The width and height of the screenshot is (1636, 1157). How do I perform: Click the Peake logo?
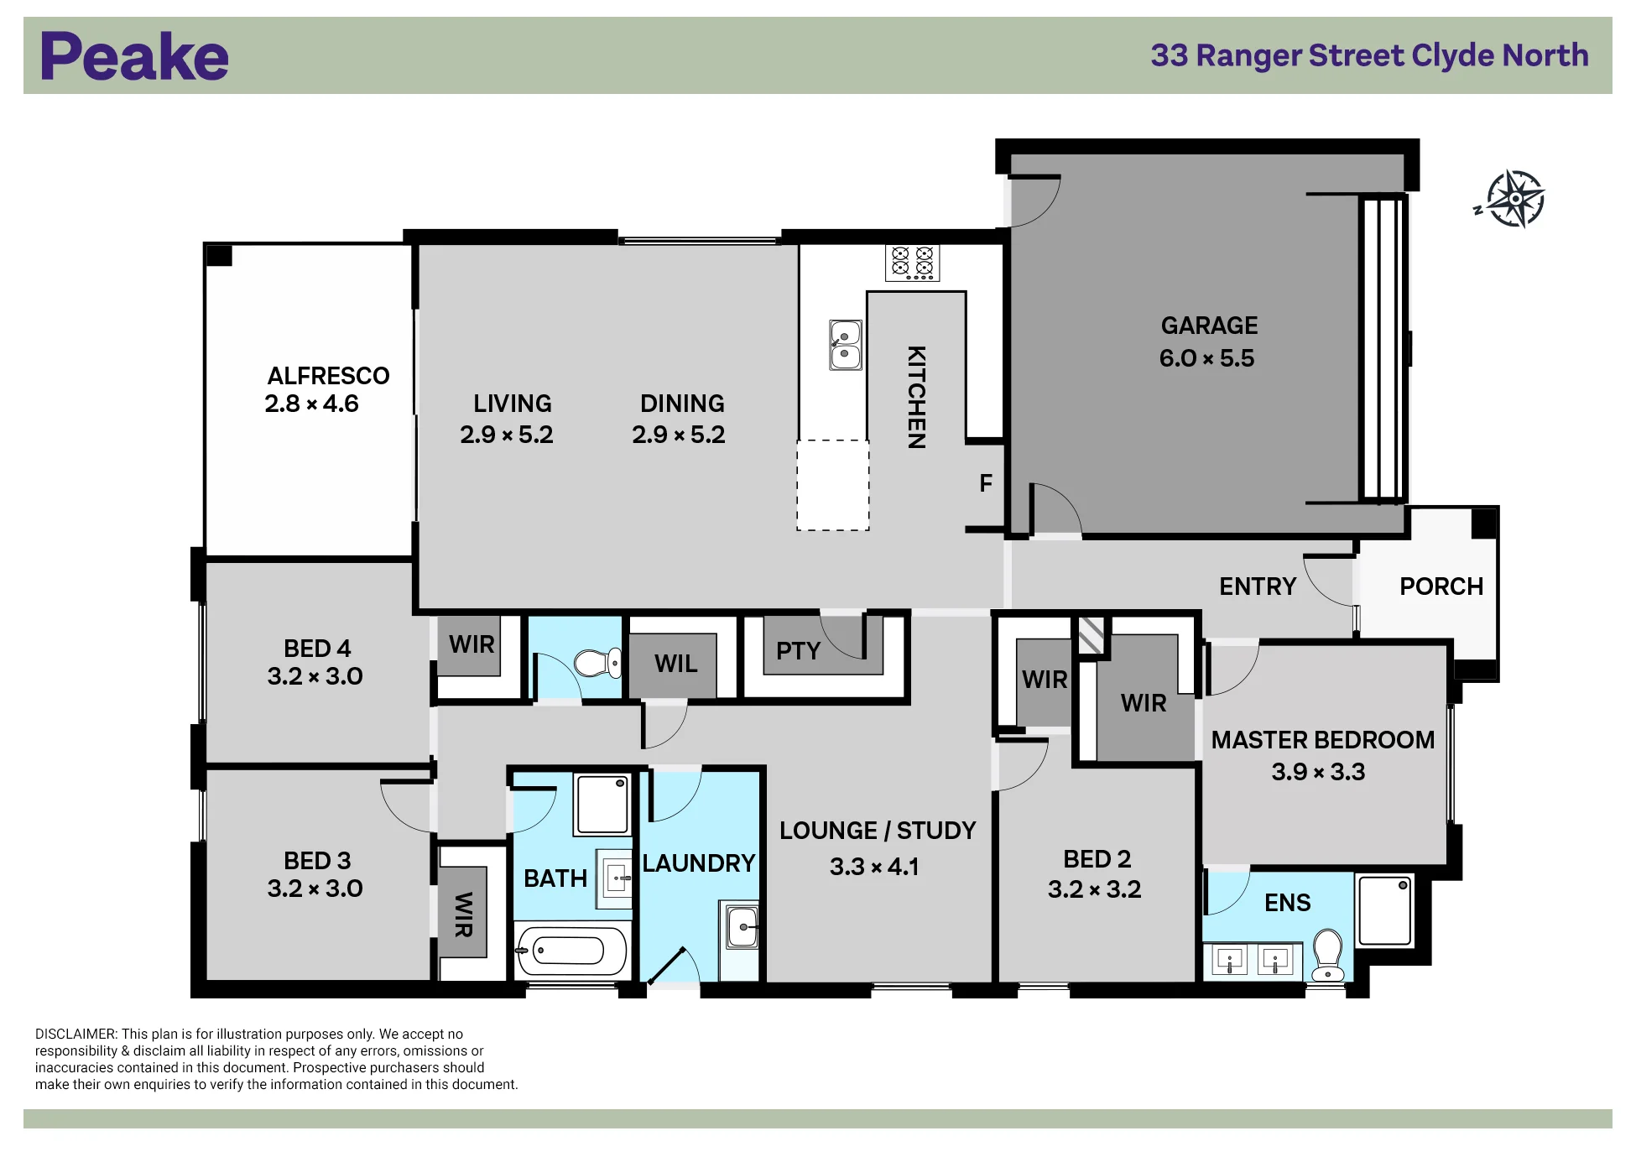coord(134,56)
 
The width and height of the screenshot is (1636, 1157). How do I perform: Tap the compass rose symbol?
coord(1514,200)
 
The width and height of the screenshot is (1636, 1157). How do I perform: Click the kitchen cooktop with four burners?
coord(912,263)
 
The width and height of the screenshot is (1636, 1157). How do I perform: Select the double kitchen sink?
coord(845,345)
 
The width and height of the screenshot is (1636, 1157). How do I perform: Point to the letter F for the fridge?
coord(986,483)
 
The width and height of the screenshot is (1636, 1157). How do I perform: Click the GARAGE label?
coord(1209,326)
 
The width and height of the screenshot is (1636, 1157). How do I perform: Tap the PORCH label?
coord(1441,586)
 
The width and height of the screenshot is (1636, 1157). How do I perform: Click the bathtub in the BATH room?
coord(571,951)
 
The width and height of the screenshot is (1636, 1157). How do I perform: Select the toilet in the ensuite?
coord(1328,954)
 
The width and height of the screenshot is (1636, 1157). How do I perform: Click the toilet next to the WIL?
coord(597,663)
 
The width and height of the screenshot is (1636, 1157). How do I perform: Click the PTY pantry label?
coord(798,651)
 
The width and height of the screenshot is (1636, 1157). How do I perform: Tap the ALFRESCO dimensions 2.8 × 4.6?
coord(311,404)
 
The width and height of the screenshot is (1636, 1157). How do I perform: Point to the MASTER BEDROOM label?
coord(1322,740)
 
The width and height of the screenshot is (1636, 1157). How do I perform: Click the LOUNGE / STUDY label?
coord(878,831)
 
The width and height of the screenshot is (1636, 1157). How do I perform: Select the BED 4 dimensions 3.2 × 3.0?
coord(315,676)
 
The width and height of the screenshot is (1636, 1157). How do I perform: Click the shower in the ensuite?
coord(1385,910)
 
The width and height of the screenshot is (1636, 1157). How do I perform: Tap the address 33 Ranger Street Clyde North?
coord(1369,55)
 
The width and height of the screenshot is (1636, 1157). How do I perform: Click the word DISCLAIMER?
coord(76,1035)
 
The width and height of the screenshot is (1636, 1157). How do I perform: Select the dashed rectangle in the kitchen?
coord(832,485)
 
